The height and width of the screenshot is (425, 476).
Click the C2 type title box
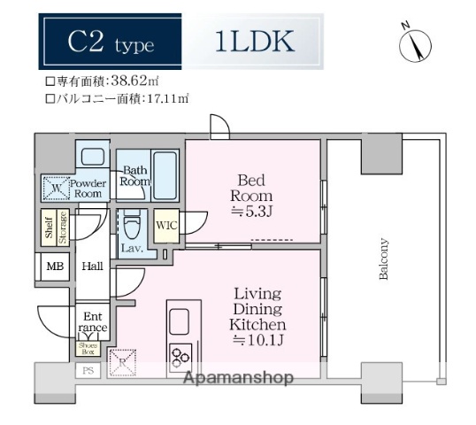[x=110, y=42]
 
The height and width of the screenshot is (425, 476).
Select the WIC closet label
[x=165, y=225]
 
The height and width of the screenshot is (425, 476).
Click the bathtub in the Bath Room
[x=165, y=175]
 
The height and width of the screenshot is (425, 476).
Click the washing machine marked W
[x=56, y=188]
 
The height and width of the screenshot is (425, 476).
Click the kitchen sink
[x=180, y=321]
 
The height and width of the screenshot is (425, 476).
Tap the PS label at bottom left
[x=88, y=371]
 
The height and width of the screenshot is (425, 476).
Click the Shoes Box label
[x=88, y=348]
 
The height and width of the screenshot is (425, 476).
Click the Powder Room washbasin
[x=90, y=159]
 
